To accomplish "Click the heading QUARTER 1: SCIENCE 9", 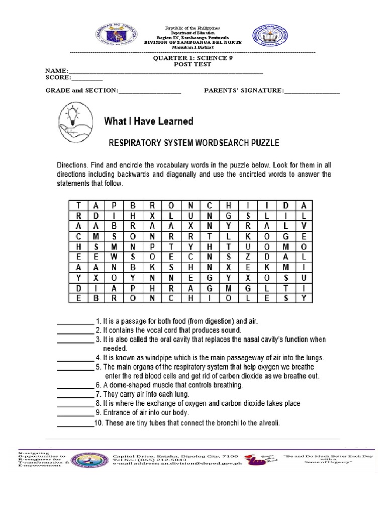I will [193, 58].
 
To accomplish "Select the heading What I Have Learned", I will [148, 121].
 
